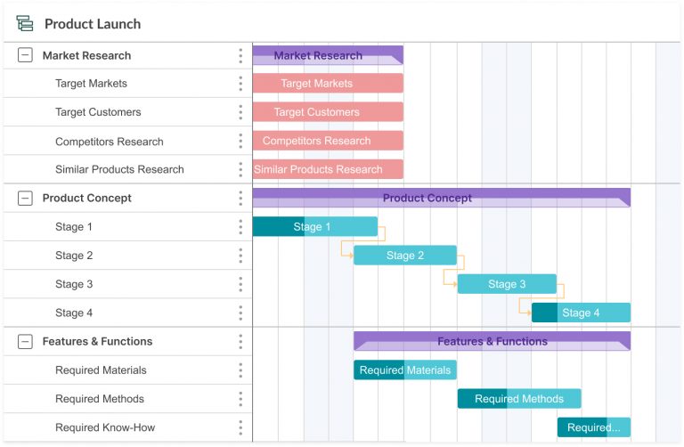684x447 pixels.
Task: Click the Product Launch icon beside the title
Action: [25, 24]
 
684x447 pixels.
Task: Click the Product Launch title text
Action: [93, 24]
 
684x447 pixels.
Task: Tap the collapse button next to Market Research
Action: [25, 55]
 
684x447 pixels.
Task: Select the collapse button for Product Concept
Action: [25, 199]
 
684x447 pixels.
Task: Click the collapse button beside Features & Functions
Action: [25, 342]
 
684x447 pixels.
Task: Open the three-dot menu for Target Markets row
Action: [240, 84]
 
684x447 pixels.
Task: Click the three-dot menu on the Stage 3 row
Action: [240, 285]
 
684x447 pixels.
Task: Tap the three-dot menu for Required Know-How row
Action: [240, 428]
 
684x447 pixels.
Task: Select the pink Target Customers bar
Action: [328, 112]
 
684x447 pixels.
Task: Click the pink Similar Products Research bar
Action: [328, 169]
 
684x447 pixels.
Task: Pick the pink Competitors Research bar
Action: [328, 141]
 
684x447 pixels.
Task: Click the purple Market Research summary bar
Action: [328, 55]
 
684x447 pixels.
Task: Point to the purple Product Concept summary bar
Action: [441, 198]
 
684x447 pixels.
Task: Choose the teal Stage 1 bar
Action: [314, 227]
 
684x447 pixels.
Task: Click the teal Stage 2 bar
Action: [405, 256]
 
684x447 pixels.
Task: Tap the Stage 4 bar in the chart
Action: [581, 313]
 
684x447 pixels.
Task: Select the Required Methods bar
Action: [519, 399]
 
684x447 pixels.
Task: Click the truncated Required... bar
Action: [594, 427]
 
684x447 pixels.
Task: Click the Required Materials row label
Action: [101, 370]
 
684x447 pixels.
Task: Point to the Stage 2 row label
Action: [74, 256]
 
